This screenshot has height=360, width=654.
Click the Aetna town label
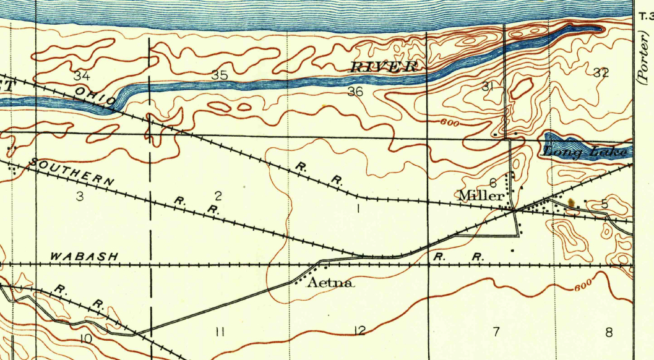(331, 283)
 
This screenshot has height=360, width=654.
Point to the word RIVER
(384, 67)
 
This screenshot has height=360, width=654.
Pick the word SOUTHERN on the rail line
(72, 173)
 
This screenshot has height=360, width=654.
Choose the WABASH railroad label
(83, 256)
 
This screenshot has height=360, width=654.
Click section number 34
(82, 76)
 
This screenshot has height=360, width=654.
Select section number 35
(219, 75)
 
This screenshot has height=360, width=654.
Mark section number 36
(355, 92)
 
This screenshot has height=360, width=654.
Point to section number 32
(600, 72)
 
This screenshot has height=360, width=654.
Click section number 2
(218, 196)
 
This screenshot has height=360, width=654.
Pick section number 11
(219, 332)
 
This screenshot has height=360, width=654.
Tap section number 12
(359, 331)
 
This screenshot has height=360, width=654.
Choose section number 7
(496, 332)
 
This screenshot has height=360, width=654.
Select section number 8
(609, 332)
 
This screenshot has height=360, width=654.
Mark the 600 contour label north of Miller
(450, 123)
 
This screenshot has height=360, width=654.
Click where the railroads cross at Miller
(514, 211)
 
